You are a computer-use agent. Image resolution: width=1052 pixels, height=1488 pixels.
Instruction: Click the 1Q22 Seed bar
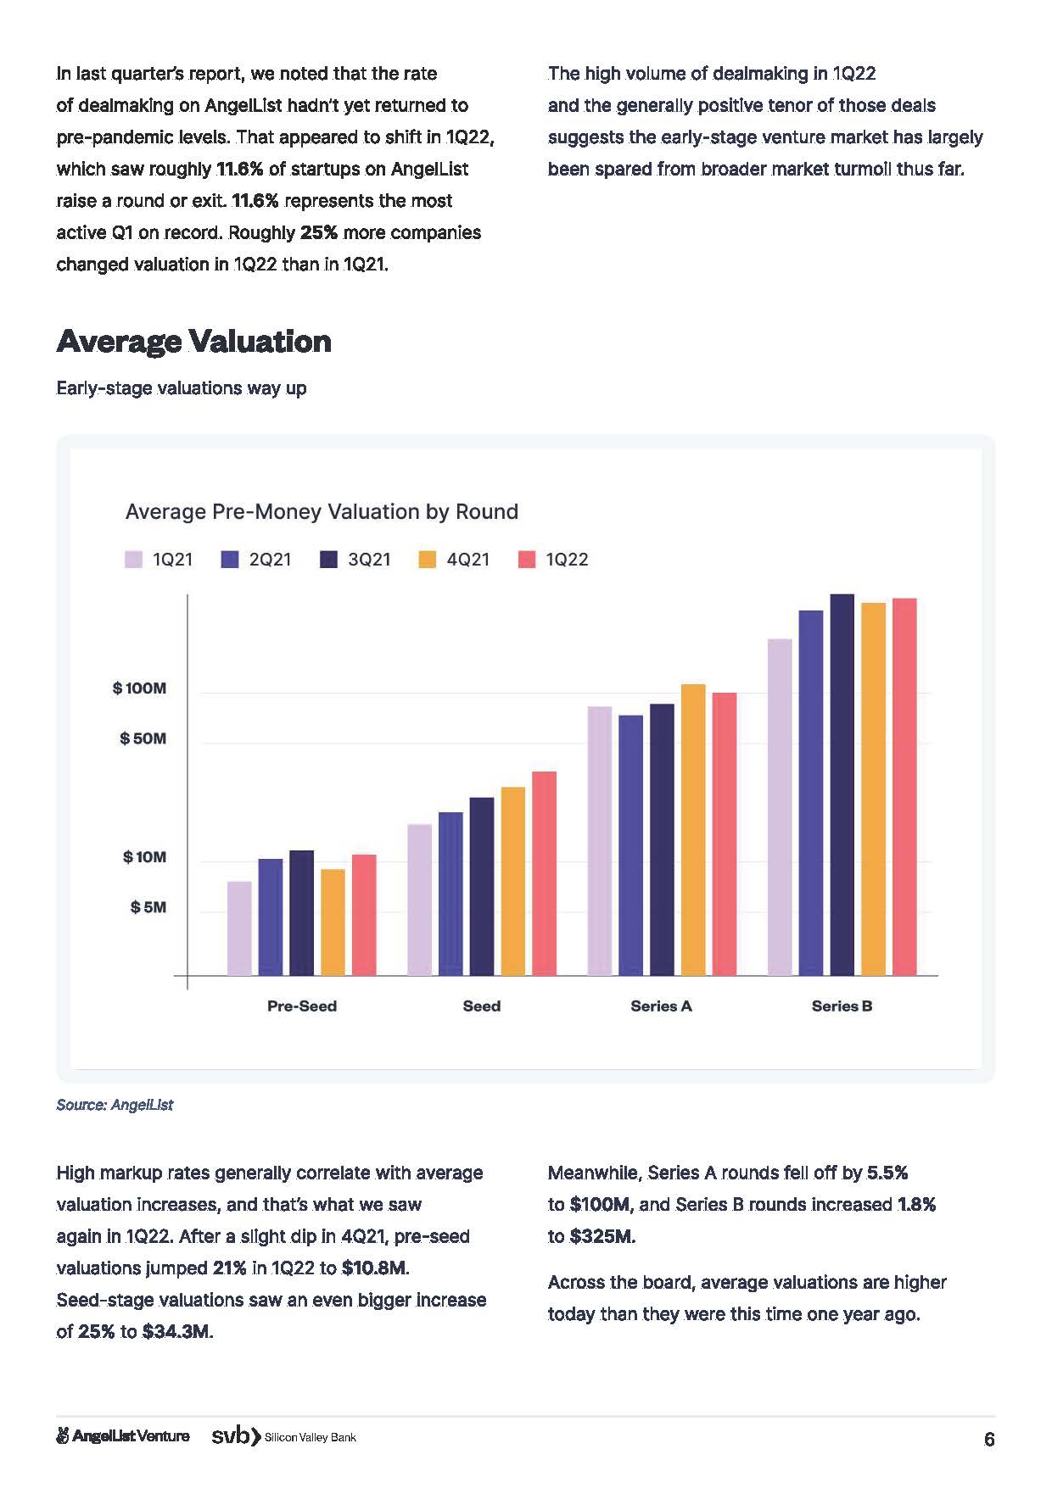click(x=544, y=873)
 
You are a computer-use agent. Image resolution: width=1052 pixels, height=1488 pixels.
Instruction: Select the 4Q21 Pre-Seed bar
click(x=333, y=922)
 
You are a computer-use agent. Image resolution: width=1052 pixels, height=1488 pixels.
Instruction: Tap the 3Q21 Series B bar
click(x=842, y=784)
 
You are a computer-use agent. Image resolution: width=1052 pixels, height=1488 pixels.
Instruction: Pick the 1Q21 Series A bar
click(x=599, y=840)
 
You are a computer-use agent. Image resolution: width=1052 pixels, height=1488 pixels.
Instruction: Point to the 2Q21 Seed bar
click(x=450, y=894)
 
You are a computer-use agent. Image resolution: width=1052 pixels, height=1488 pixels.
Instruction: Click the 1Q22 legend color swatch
click(x=527, y=560)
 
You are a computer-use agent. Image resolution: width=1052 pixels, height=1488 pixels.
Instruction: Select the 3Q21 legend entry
click(x=355, y=560)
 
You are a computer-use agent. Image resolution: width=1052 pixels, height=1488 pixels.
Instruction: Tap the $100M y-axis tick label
click(x=139, y=688)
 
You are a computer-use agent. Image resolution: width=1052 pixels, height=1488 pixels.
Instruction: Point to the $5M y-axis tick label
click(x=148, y=908)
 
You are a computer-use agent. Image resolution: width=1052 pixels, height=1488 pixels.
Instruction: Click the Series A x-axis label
click(x=661, y=1006)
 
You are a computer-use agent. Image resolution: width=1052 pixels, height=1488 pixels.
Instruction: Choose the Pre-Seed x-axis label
click(x=302, y=1006)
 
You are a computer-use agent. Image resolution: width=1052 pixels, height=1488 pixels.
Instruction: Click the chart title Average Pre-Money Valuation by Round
click(x=322, y=512)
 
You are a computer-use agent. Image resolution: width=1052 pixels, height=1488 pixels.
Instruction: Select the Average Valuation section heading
click(x=193, y=342)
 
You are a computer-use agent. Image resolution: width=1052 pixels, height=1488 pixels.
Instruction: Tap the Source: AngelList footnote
click(x=115, y=1105)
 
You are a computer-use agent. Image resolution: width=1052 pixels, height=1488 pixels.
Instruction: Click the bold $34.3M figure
click(x=177, y=1332)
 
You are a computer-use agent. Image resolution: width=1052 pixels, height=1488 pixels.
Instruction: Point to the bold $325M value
click(x=602, y=1236)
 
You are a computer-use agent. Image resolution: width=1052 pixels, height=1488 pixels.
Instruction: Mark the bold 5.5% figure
click(x=887, y=1173)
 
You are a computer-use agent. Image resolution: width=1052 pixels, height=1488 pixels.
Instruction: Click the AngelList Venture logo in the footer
click(x=122, y=1436)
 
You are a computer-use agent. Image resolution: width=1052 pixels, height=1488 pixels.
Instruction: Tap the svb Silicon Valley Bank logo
click(x=283, y=1436)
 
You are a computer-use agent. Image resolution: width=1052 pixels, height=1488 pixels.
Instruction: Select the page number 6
click(x=988, y=1440)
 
